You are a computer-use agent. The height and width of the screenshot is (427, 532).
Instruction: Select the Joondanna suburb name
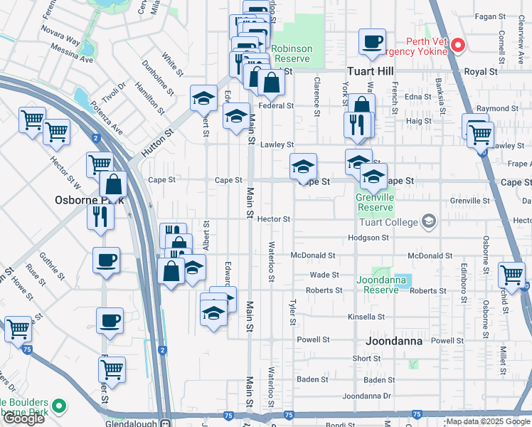click(x=393, y=341)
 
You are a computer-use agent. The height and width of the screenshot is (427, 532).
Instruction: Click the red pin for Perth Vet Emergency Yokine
click(x=458, y=47)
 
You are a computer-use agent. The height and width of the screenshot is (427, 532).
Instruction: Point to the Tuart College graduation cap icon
click(x=428, y=222)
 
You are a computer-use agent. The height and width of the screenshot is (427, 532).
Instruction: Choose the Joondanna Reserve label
click(x=381, y=285)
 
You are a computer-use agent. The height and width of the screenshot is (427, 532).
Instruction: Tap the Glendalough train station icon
click(x=165, y=422)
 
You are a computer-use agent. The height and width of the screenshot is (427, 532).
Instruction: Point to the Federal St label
click(x=276, y=106)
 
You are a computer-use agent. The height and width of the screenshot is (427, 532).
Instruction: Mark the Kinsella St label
click(x=366, y=317)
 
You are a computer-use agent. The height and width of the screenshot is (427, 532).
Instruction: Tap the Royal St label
click(x=480, y=72)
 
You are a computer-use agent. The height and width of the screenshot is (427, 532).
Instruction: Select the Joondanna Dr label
click(x=367, y=396)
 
